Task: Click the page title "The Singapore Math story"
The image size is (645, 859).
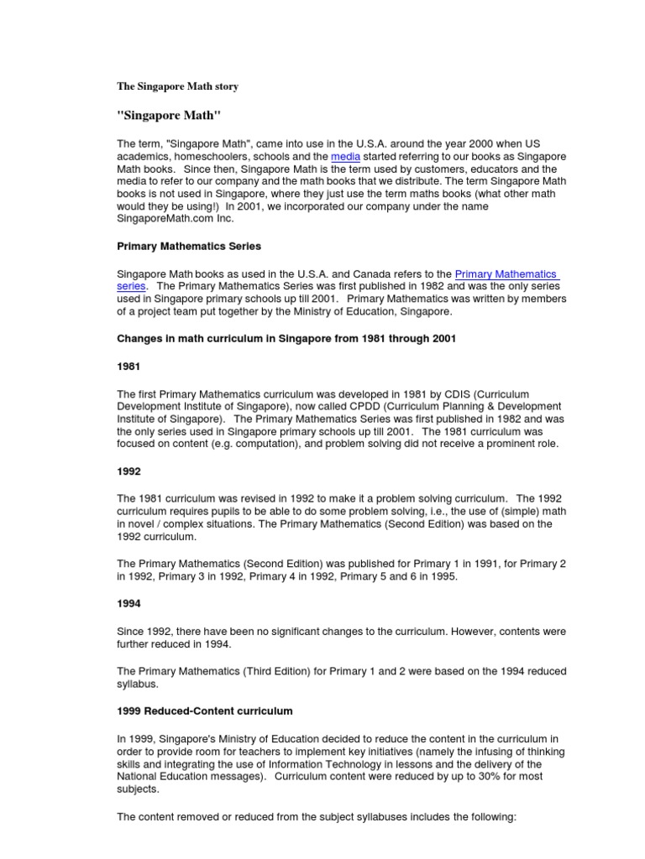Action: (x=177, y=86)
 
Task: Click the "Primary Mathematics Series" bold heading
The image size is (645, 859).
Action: (x=189, y=247)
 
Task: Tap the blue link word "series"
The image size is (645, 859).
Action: (x=131, y=285)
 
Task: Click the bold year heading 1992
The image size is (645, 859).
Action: (x=128, y=471)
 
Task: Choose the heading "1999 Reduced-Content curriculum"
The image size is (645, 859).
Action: (x=205, y=711)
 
